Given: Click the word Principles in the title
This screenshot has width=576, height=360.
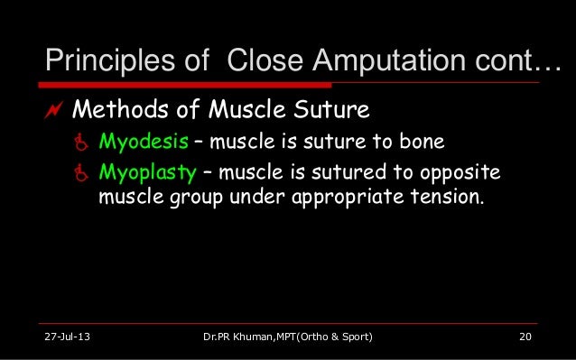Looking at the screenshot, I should [x=101, y=60].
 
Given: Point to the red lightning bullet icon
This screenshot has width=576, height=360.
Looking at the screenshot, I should [x=51, y=110].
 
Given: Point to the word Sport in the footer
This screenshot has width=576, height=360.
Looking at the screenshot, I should [x=349, y=338].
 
